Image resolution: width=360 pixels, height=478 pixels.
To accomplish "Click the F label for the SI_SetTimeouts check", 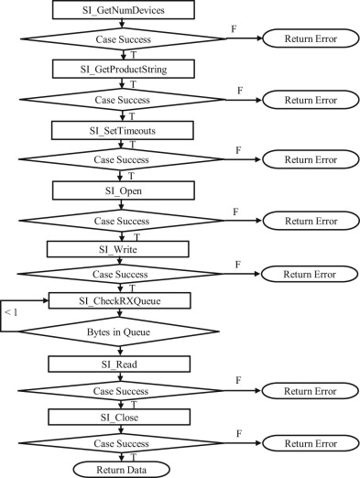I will pyautogui.click(x=239, y=148).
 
